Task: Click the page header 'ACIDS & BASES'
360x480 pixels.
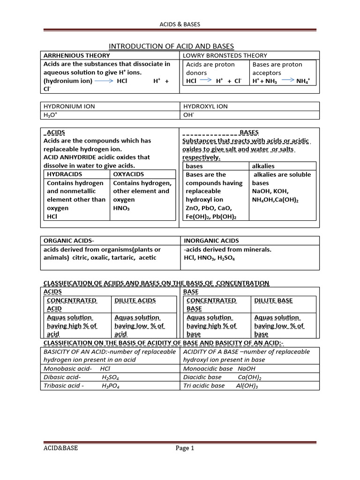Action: coord(180,24)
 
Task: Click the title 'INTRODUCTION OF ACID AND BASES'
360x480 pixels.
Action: coord(171,46)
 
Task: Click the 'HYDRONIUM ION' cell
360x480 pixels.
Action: coord(69,106)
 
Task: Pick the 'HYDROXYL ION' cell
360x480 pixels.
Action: coord(205,106)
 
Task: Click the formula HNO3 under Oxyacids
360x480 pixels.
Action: coord(121,208)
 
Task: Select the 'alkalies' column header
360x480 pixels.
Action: coord(263,166)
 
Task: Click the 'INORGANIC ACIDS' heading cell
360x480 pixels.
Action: coord(211,240)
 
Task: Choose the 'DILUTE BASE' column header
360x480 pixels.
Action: coord(273,300)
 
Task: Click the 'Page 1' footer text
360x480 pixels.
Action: coord(185,448)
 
